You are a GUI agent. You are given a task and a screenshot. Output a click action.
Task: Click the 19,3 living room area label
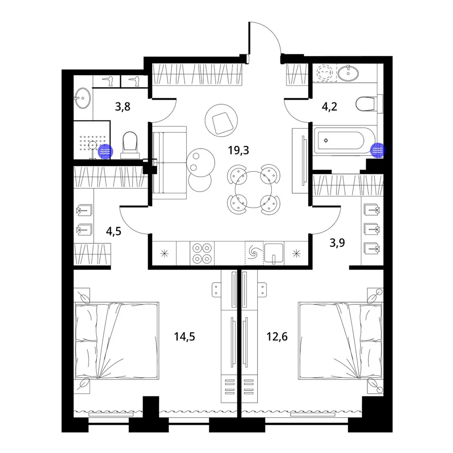click(238, 150)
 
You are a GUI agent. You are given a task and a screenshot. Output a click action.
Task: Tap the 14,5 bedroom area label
click(184, 337)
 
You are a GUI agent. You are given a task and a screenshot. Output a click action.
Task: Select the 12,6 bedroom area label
click(277, 337)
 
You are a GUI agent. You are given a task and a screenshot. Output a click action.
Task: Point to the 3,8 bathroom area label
click(122, 107)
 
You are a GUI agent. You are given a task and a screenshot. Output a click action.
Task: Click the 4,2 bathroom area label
click(329, 107)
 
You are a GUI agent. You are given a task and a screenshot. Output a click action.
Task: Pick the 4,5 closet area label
click(114, 231)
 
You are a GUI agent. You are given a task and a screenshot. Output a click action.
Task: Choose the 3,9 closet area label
click(337, 243)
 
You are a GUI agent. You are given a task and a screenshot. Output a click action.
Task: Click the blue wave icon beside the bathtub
click(378, 150)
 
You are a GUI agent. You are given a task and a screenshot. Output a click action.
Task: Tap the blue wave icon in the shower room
click(105, 151)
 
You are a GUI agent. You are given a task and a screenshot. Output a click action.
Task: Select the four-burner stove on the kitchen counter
click(202, 253)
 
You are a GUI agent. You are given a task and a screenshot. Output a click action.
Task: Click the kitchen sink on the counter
click(274, 254)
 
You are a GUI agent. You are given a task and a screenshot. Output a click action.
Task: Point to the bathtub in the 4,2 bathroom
click(344, 141)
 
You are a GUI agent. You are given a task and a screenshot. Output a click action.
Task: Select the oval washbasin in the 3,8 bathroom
click(82, 98)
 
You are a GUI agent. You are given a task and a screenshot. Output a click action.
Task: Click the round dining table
click(253, 189)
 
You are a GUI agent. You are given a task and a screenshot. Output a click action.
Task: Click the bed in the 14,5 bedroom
click(117, 341)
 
